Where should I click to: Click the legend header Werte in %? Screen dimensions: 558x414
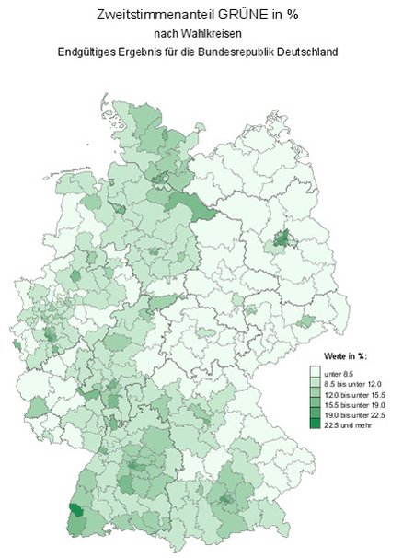tap(346, 355)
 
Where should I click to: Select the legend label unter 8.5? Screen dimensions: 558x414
tap(338, 371)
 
